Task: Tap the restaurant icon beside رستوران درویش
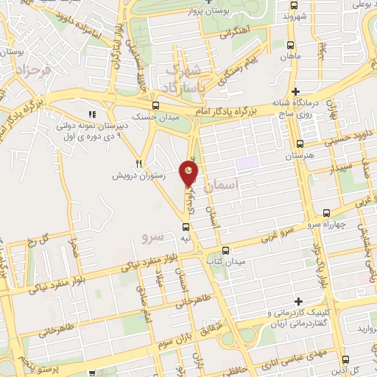(x=138, y=163)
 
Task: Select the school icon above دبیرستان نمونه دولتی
(x=92, y=114)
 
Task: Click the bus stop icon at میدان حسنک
(x=154, y=106)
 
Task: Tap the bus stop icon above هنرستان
(x=299, y=144)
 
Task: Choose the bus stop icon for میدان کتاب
(x=226, y=250)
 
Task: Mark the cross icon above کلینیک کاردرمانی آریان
(x=297, y=301)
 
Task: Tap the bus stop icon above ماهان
(x=289, y=45)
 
